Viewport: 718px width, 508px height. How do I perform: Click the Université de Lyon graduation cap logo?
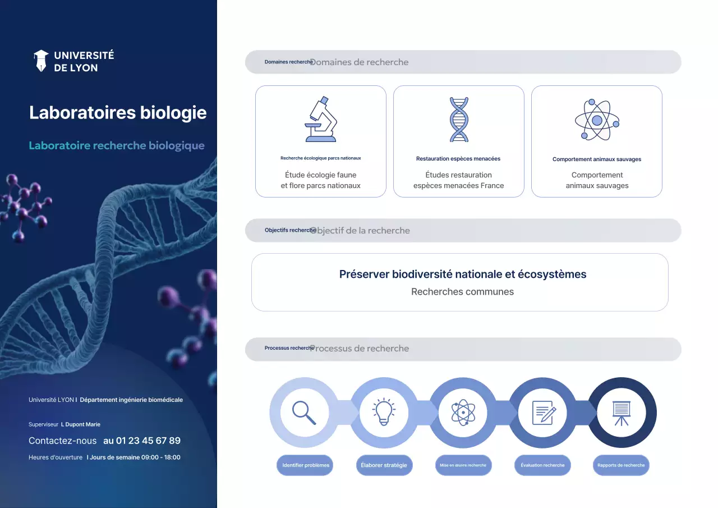tap(41, 61)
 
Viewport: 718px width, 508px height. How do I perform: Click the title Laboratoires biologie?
tap(118, 112)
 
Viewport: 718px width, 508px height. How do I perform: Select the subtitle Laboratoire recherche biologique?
tap(117, 145)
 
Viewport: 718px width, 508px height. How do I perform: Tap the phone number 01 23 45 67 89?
tap(142, 441)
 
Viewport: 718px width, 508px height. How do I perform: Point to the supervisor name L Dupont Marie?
tap(81, 424)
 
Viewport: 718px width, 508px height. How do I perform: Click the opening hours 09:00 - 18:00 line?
tap(134, 457)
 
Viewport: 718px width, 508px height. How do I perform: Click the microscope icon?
tap(321, 120)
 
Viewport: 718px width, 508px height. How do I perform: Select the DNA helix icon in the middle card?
tap(459, 120)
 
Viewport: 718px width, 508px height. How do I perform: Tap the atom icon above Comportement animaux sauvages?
tap(597, 120)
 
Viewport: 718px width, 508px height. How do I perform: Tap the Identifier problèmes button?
tap(305, 465)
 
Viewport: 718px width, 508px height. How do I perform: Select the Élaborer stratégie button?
tap(384, 465)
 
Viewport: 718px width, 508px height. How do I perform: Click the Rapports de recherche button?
tap(621, 465)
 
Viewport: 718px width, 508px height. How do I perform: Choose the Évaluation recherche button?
tap(542, 465)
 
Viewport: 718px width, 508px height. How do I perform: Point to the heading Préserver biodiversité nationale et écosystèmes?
tap(463, 274)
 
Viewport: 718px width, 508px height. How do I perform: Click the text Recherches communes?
tap(462, 292)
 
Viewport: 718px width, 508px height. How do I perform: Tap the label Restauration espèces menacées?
tap(458, 159)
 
